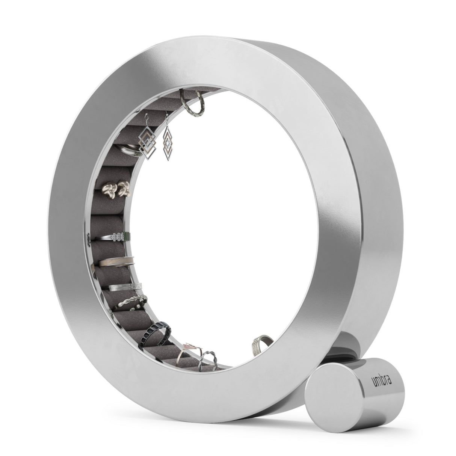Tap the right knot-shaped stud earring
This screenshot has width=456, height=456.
(x=123, y=187)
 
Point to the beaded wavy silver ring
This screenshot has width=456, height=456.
(x=131, y=302)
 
